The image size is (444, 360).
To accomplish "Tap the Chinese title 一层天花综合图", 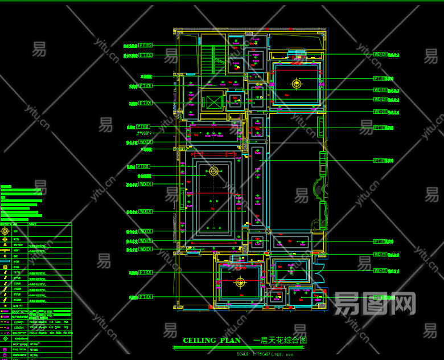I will [x=279, y=341].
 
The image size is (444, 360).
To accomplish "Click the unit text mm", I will [x=290, y=354].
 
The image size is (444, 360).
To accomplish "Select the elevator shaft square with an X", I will [x=213, y=103].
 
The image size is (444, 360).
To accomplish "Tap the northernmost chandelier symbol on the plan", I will [x=297, y=84].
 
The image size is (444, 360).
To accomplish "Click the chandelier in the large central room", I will [x=213, y=171].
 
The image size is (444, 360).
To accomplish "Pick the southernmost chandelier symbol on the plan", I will [x=240, y=282].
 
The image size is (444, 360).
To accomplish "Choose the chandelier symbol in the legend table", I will [x=5, y=231].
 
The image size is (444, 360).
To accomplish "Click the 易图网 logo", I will [x=375, y=303].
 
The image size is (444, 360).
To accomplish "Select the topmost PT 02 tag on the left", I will [x=146, y=44].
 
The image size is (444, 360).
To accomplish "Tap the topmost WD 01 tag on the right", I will [x=380, y=54].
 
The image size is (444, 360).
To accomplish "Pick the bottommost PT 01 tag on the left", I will [x=146, y=297].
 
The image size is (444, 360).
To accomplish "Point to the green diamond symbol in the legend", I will [x=5, y=338].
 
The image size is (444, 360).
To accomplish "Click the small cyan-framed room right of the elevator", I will [x=235, y=101].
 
